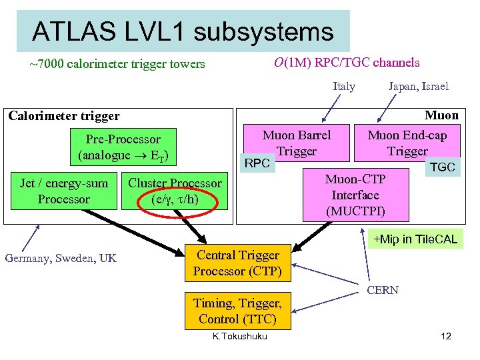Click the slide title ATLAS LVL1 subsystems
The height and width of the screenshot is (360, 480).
pyautogui.click(x=182, y=31)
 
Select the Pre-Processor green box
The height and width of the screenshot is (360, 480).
pyautogui.click(x=123, y=147)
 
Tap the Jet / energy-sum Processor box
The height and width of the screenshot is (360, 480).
pyautogui.click(x=63, y=191)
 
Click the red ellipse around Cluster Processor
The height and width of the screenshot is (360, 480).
pyautogui.click(x=175, y=191)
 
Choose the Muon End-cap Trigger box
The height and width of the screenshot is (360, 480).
pyautogui.click(x=407, y=143)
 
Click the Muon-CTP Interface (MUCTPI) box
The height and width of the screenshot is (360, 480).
pyautogui.click(x=355, y=195)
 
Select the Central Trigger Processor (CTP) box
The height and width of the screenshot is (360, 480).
pyautogui.click(x=237, y=263)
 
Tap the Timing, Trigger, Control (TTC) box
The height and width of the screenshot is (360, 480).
pyautogui.click(x=237, y=311)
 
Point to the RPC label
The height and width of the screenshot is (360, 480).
pyautogui.click(x=257, y=163)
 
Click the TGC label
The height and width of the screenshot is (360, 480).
pyautogui.click(x=442, y=167)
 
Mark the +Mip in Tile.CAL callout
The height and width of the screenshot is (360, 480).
pyautogui.click(x=415, y=239)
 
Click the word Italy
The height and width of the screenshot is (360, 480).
pyautogui.click(x=344, y=86)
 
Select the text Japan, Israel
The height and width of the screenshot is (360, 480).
pyautogui.click(x=418, y=86)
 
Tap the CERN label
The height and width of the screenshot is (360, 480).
pyautogui.click(x=383, y=289)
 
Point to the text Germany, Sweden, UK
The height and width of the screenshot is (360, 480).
pyautogui.click(x=61, y=258)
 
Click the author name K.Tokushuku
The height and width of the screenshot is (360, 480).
pyautogui.click(x=239, y=336)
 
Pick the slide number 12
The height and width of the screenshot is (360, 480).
pyautogui.click(x=446, y=336)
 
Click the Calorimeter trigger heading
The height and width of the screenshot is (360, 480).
pyautogui.click(x=64, y=116)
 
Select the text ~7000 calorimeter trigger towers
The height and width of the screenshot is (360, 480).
pyautogui.click(x=117, y=65)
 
